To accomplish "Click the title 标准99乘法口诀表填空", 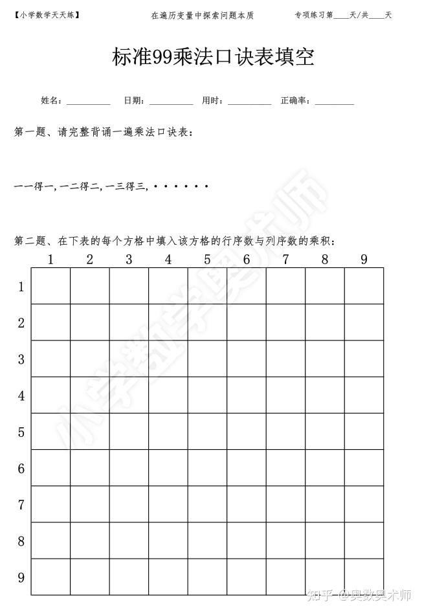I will click(x=213, y=57).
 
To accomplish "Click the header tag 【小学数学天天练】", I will click(x=47, y=14).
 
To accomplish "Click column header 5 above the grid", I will click(x=207, y=260).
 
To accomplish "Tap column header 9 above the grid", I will click(x=364, y=260).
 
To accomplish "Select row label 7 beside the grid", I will click(x=21, y=504).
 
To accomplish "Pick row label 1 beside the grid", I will click(x=21, y=287).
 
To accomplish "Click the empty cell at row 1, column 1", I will click(x=50, y=286).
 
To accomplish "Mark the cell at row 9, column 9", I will click(x=364, y=577).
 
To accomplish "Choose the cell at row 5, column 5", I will click(x=207, y=431).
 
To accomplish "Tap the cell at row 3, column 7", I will click(x=285, y=359).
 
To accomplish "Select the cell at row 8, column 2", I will click(x=90, y=541).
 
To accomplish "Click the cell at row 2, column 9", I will click(x=364, y=322).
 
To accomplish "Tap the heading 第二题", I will click(x=28, y=241).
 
